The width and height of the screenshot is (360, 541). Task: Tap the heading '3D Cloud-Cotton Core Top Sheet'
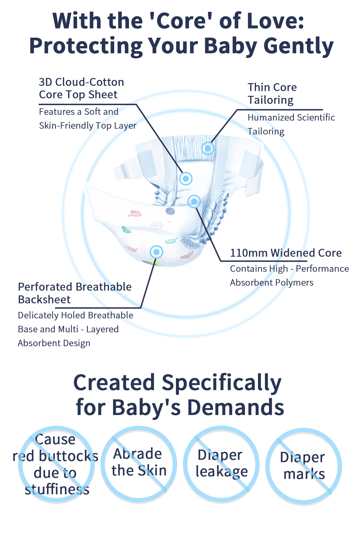point(81,88)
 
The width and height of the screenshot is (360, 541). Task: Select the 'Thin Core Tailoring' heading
point(272,94)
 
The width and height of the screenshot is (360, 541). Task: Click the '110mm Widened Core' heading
point(286,253)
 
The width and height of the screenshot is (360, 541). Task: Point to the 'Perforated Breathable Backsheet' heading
point(75,293)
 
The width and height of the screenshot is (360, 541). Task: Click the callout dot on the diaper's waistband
point(208,148)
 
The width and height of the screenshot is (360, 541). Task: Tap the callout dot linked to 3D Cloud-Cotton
point(186,179)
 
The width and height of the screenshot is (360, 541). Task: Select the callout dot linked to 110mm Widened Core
point(194,201)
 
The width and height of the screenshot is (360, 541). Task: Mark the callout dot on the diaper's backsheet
point(157,252)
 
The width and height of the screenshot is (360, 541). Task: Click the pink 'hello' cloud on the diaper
point(135,214)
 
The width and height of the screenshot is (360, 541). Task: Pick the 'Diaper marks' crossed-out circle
point(303,466)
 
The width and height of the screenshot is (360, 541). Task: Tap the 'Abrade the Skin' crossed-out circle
point(139,463)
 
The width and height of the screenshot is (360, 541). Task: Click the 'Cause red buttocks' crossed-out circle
point(56,463)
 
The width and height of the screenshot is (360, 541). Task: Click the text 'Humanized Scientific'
point(291,117)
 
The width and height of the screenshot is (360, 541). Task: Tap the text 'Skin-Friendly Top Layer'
point(88,126)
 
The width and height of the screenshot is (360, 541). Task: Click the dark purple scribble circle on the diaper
point(170,211)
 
